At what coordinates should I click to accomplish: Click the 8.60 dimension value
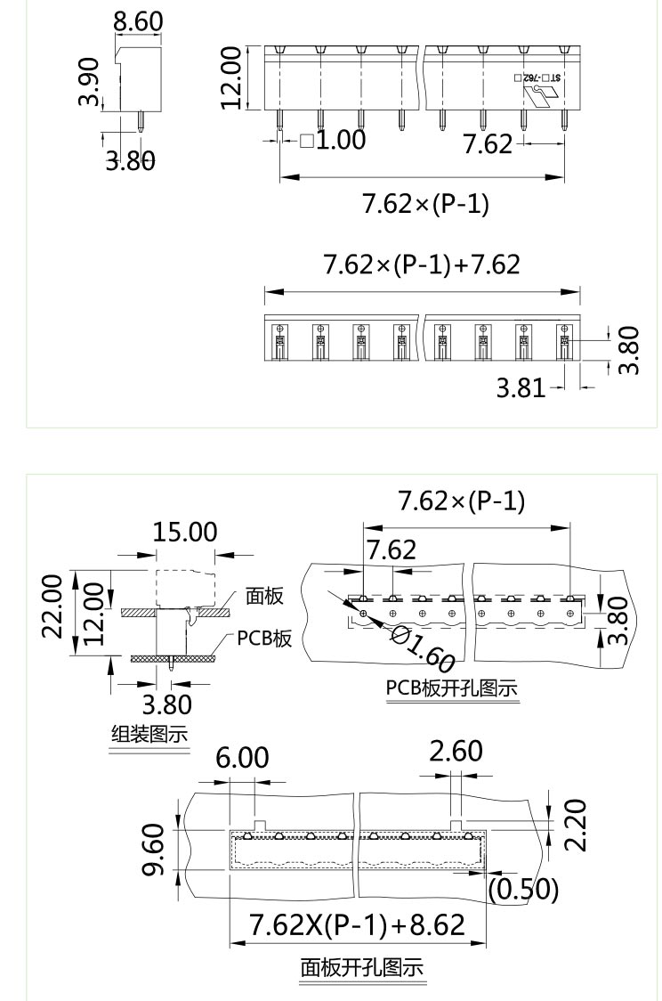coord(138,21)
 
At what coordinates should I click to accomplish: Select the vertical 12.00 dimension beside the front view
coord(232,77)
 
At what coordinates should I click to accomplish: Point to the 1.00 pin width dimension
coord(333,140)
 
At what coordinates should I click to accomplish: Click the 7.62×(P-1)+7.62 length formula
coord(422,264)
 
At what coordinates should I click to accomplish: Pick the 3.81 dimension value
coord(520,388)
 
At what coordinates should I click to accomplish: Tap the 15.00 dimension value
coord(185,532)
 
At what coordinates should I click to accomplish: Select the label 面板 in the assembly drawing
coord(264,597)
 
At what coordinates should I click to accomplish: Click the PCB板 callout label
coord(264,639)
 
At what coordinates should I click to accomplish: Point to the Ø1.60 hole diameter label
coord(424,648)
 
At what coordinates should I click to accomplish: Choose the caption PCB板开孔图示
coord(451,688)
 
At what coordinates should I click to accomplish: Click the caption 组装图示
coord(149,735)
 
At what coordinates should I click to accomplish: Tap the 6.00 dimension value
coord(242,758)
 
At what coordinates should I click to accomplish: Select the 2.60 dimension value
coord(456,752)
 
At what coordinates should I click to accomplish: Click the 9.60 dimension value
coord(153,850)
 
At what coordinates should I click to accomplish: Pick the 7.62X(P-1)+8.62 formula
coord(357,925)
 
